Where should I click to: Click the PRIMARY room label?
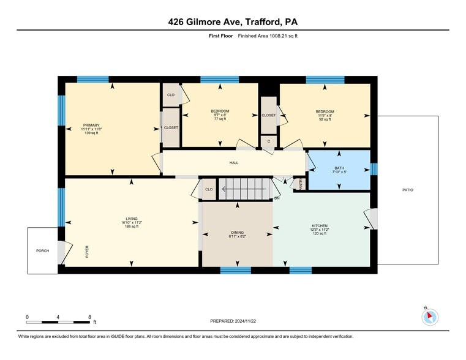[x=91, y=125]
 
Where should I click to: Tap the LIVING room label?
[x=132, y=219]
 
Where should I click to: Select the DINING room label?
[x=237, y=232]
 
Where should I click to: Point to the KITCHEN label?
[x=320, y=226]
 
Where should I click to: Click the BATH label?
[x=339, y=168]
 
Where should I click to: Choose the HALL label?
[x=233, y=163]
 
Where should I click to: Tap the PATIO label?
[x=408, y=190]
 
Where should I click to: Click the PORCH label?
[x=42, y=250]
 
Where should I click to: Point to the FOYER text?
[x=87, y=250]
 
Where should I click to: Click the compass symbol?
[x=430, y=317]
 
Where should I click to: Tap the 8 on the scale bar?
[x=89, y=317]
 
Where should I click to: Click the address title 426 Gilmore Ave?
[x=233, y=22]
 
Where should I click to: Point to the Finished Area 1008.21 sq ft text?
[x=267, y=36]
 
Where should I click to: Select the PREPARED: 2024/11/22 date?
[x=233, y=321]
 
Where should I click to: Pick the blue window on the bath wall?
[x=374, y=168]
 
